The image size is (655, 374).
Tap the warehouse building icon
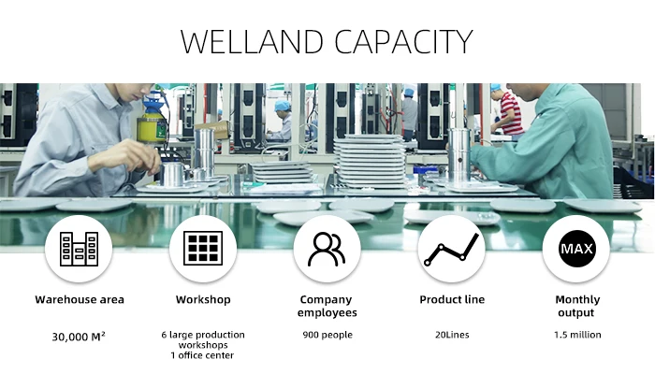coord(79,249)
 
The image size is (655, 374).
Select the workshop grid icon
coord(203,249)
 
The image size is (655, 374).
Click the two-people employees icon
coord(327,249)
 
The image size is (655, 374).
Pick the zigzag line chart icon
coord(451,249)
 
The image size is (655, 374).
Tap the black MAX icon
coord(575,249)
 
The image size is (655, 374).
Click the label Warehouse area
coord(80,300)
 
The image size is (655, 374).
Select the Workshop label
coord(203,300)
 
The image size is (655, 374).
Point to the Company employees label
coord(327,307)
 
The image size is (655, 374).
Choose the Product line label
coord(451,300)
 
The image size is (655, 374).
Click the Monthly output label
coord(575,307)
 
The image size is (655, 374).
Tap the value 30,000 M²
coord(80,335)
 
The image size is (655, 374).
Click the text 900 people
coord(327,335)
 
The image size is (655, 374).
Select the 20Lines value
coord(451,335)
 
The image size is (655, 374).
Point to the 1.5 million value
coord(575,335)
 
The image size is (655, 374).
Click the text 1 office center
coord(203,355)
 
